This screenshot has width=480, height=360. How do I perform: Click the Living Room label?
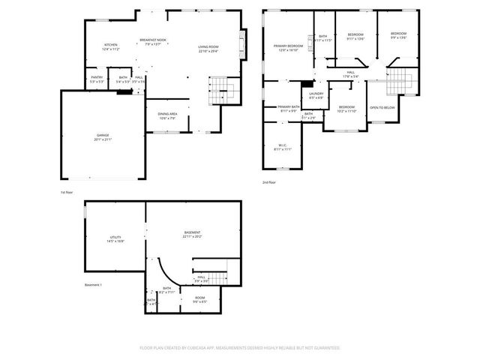[208, 48]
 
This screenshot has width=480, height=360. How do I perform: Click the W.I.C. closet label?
[283, 146]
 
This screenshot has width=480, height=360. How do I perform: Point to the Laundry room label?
[316, 95]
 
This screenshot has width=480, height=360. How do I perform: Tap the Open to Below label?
[382, 108]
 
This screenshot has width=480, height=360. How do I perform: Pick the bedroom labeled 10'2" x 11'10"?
[346, 109]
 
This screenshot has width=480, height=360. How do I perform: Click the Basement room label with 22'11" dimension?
[192, 234]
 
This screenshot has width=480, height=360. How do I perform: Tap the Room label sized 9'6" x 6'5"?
[199, 300]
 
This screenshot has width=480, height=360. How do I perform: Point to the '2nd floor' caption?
[269, 182]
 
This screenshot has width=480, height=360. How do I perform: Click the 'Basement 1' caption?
[93, 285]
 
